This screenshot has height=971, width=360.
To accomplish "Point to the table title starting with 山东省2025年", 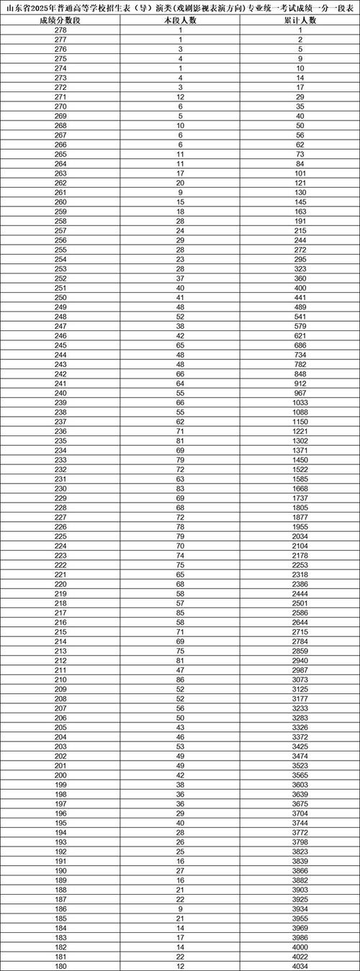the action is click(x=180, y=8).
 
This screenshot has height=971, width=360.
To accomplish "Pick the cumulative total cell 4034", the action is click(x=300, y=965).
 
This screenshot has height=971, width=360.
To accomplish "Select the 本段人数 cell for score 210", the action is click(x=180, y=679).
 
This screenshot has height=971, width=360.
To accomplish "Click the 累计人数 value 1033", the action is click(x=300, y=403).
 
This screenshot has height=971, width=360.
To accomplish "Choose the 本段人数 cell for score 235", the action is click(x=180, y=441).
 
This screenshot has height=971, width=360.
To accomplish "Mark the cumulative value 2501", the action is click(x=300, y=602).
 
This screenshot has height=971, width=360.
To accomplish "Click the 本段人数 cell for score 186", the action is click(x=180, y=908).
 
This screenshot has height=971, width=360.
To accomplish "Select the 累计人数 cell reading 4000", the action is click(x=300, y=946).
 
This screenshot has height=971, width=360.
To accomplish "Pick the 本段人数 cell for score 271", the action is click(x=180, y=99).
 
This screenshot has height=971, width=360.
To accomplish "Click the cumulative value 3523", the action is click(x=300, y=764).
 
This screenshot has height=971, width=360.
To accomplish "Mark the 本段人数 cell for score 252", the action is click(x=180, y=279).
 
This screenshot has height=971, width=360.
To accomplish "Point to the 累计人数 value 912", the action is click(x=300, y=384).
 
